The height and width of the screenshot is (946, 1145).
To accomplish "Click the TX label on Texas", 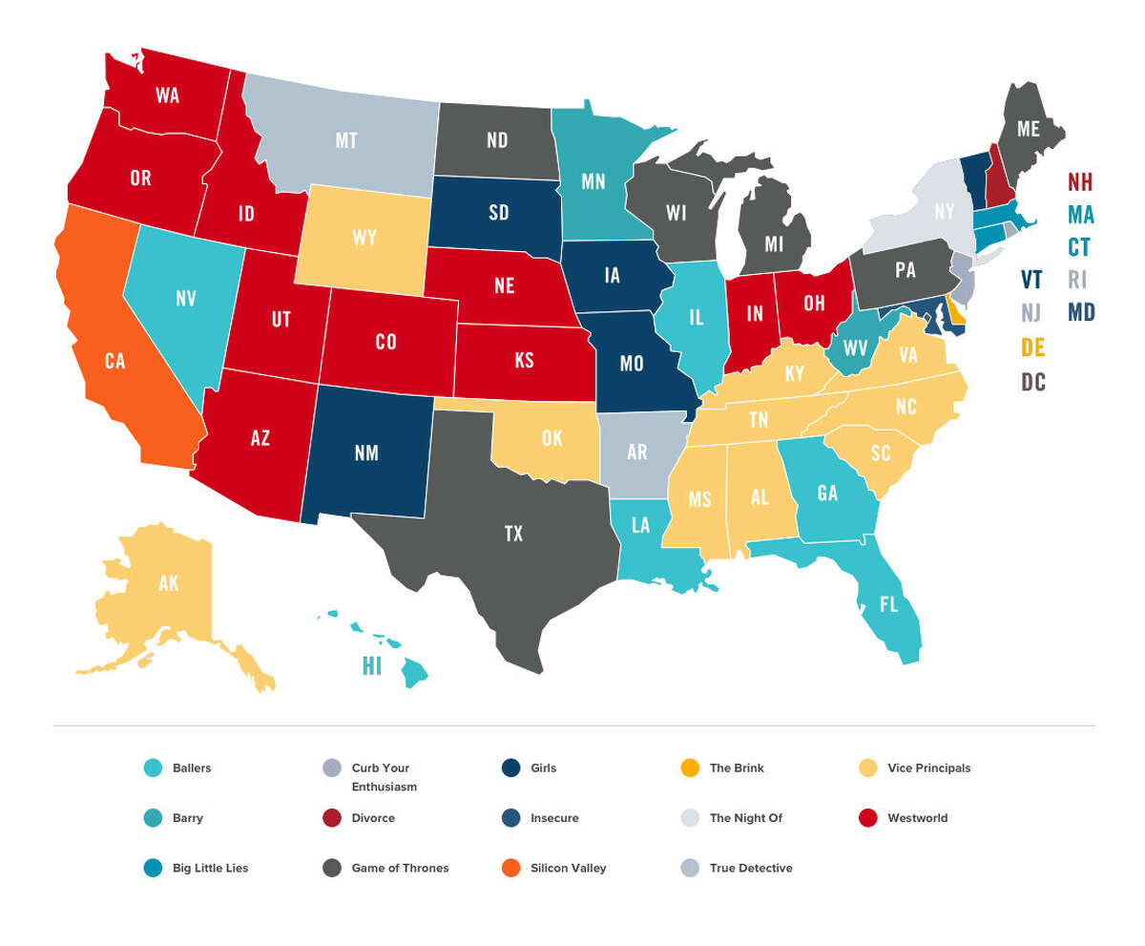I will (x=513, y=534).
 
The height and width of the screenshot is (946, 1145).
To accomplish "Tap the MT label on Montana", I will (x=345, y=141).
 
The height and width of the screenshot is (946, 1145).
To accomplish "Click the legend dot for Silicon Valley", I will (x=510, y=868).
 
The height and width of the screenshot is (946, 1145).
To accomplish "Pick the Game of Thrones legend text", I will (x=400, y=868).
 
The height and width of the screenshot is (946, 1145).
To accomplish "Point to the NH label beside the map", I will (x=1080, y=182).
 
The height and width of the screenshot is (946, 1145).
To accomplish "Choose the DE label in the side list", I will (x=1032, y=347).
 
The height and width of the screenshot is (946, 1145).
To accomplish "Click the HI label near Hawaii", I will (x=371, y=666).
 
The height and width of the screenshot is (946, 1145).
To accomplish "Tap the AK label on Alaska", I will (x=168, y=583).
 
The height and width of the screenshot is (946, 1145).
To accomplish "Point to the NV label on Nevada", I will (x=186, y=299).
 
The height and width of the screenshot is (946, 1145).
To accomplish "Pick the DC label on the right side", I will (x=1033, y=383).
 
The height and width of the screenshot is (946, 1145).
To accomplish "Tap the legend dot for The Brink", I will (x=689, y=767).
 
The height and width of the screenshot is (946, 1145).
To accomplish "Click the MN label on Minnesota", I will (x=593, y=181).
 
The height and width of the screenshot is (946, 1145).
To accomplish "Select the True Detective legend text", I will (x=751, y=868).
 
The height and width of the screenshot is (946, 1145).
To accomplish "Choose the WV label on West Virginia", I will (x=855, y=347).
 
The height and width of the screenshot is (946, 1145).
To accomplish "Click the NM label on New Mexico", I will (x=366, y=453).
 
